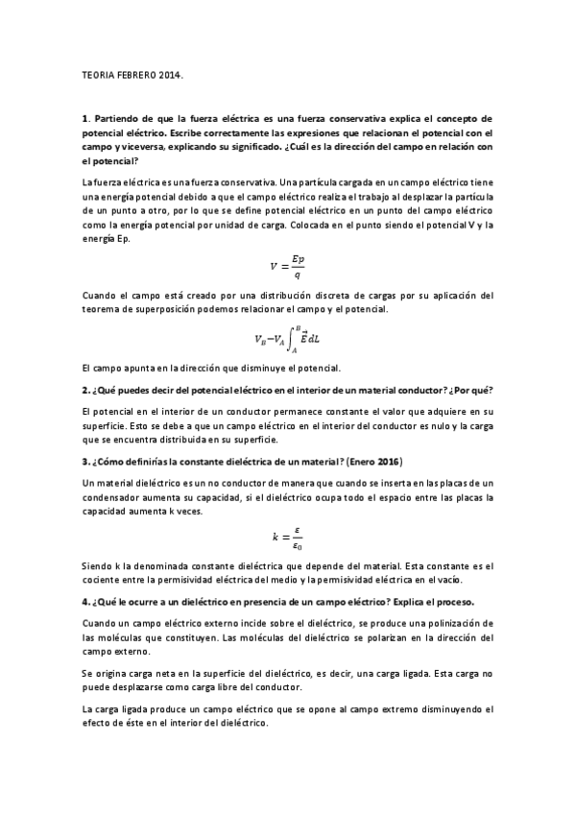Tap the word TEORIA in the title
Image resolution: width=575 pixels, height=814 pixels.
[x=98, y=73]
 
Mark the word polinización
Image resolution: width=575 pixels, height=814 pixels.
[x=396, y=623]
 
